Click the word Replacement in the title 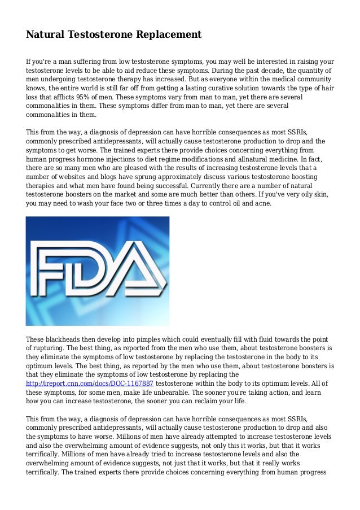pyautogui.click(x=167, y=35)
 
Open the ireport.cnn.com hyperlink pyautogui.click(x=90, y=383)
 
